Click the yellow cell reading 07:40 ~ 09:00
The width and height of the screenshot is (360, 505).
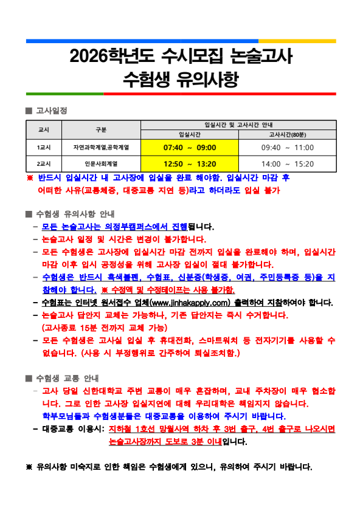(190, 148)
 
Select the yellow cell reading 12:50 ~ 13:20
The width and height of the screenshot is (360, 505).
(190, 163)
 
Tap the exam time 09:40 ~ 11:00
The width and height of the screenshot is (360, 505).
(287, 148)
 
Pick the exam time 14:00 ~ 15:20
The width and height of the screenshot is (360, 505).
(287, 163)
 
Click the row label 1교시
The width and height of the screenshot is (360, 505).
(44, 148)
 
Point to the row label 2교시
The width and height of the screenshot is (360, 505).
(44, 163)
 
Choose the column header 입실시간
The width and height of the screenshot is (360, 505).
(190, 134)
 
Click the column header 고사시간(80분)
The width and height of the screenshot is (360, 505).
(287, 134)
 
